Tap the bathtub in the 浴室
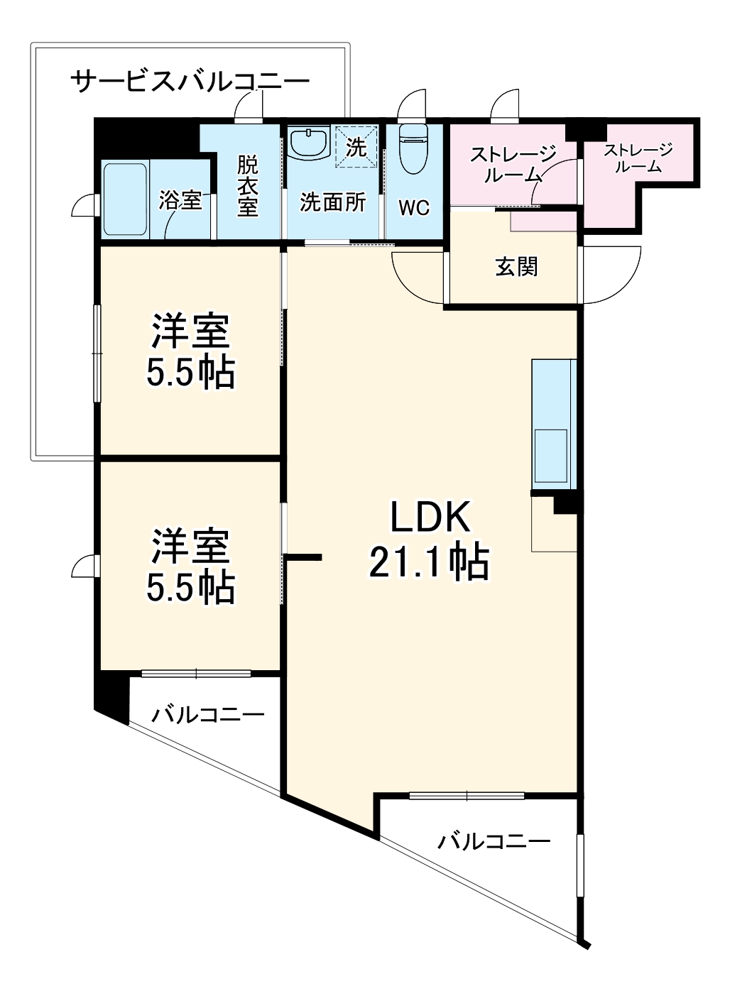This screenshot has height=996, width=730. (x=125, y=199)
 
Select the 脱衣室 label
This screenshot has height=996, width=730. (x=247, y=186)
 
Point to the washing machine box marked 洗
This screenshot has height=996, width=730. (x=356, y=147)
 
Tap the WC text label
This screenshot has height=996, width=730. (x=413, y=208)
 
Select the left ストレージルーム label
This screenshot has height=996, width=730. (x=513, y=164)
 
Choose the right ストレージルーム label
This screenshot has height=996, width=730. (x=638, y=158)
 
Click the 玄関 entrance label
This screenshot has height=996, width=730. (x=516, y=267)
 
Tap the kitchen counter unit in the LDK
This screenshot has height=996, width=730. (x=552, y=424)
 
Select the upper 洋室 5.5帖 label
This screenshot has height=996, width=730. (x=190, y=351)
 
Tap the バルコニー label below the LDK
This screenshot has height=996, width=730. (x=494, y=842)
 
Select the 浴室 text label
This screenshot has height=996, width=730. (x=180, y=200)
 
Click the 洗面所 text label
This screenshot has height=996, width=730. (x=332, y=202)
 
